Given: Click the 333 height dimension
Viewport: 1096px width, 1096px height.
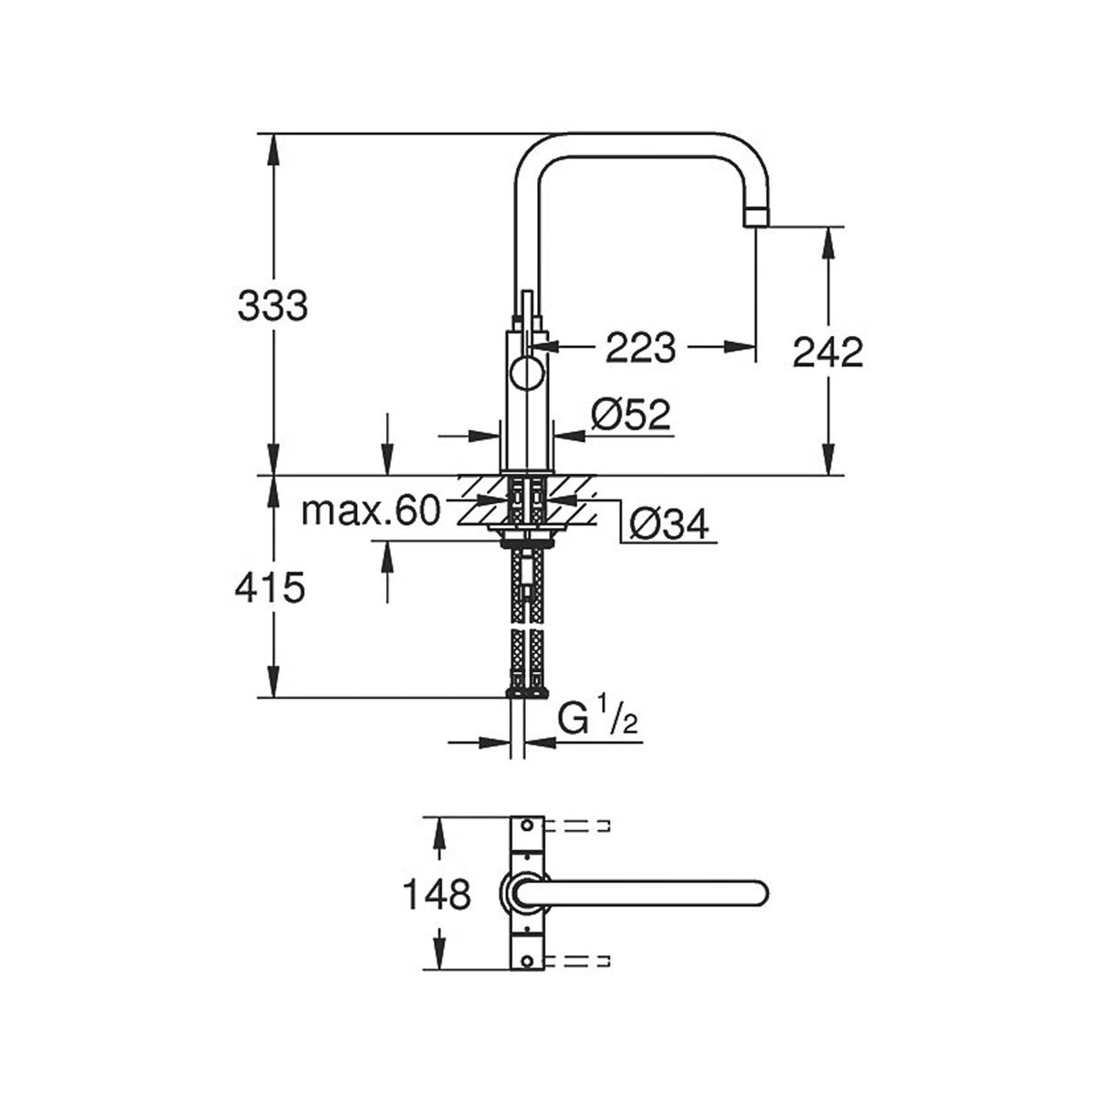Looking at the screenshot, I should pyautogui.click(x=272, y=307).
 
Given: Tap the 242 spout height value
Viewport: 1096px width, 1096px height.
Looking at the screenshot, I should pyautogui.click(x=827, y=353).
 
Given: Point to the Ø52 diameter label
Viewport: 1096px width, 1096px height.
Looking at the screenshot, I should pyautogui.click(x=630, y=416).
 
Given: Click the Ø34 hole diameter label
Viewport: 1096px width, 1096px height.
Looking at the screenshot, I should pyautogui.click(x=669, y=524).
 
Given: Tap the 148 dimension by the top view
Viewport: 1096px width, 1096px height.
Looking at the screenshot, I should pyautogui.click(x=437, y=894).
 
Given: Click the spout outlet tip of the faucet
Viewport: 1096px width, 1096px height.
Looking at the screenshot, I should pyautogui.click(x=757, y=217).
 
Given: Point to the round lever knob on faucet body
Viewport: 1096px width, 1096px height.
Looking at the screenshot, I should pyautogui.click(x=527, y=374).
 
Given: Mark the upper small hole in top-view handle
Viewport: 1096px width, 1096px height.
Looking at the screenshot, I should pyautogui.click(x=526, y=827).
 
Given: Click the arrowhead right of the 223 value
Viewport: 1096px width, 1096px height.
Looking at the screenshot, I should pyautogui.click(x=743, y=346).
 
